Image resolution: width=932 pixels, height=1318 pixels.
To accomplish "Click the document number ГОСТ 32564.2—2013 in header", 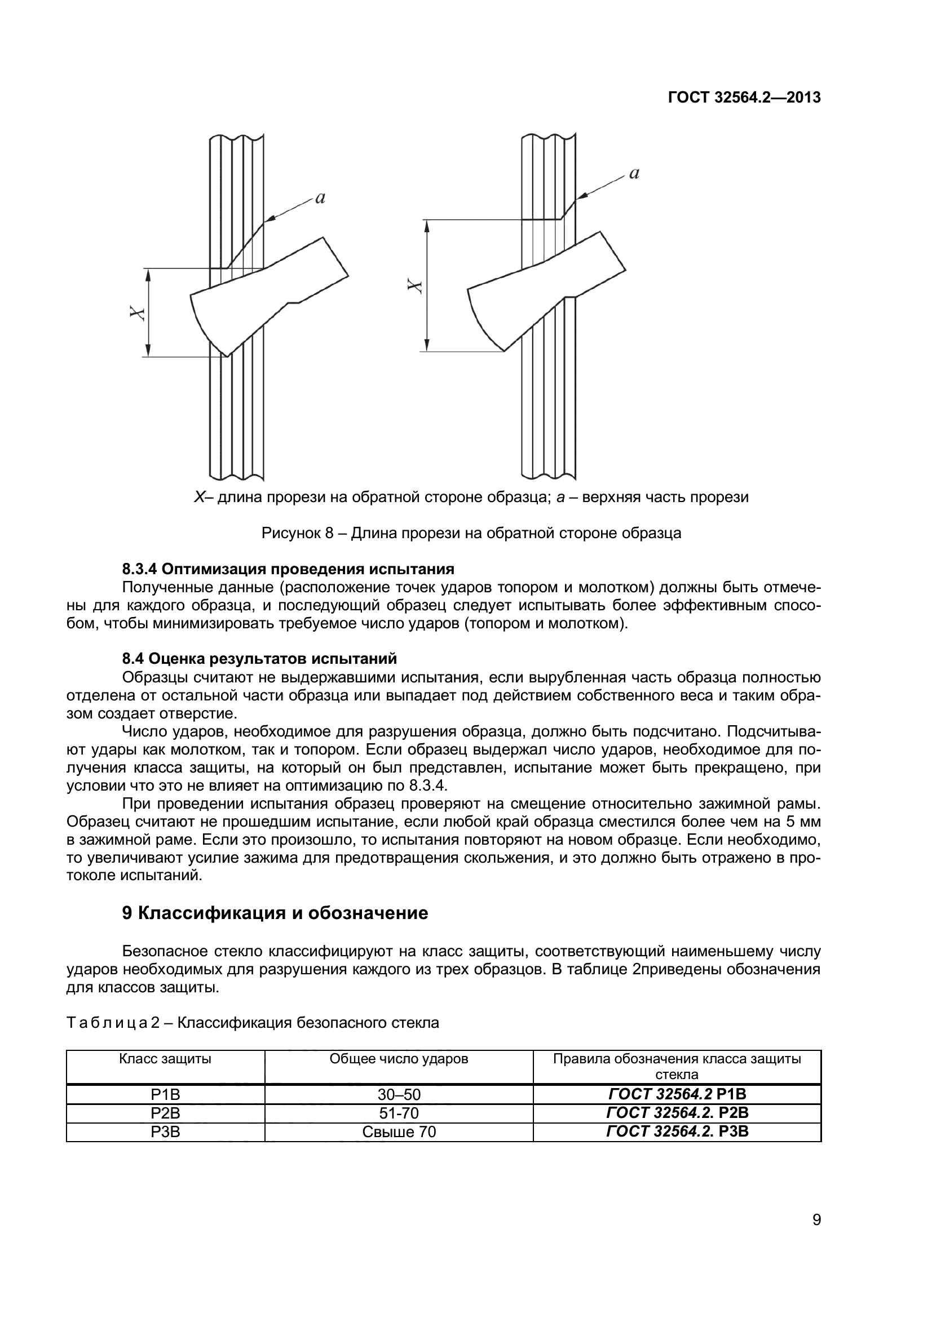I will coord(744,97).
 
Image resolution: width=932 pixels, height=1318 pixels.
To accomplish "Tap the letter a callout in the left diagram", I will coord(320,198).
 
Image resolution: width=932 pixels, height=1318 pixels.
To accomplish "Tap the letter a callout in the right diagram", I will coord(634,174).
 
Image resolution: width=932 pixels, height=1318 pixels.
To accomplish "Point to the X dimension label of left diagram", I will coord(136,313).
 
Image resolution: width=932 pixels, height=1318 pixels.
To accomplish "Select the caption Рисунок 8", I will coord(471,533).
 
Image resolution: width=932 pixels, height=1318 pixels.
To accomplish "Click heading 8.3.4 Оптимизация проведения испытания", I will coord(288,569).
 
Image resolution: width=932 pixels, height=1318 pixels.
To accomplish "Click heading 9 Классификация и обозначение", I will coord(275,913).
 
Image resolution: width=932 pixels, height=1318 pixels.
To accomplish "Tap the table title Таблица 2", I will coord(253,1022).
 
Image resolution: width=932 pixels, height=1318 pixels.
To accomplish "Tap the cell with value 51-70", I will coord(399,1113).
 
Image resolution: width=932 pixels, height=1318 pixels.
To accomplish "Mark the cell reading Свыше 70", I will coord(399,1131).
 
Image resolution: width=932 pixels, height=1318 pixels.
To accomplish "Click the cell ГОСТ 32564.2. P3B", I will coord(677,1131).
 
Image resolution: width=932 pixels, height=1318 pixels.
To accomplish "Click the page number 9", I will coord(816,1235).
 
